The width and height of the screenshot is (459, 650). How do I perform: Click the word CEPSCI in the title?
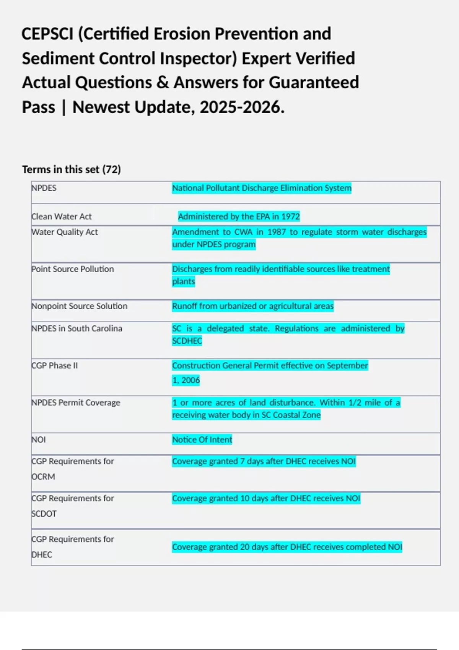[x=47, y=34]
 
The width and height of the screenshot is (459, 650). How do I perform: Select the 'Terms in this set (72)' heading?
[x=71, y=169]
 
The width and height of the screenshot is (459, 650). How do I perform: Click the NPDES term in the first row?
[x=44, y=188]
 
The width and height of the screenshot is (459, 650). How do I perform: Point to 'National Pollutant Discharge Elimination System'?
[x=262, y=188]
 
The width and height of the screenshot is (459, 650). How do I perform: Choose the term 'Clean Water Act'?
[x=62, y=216]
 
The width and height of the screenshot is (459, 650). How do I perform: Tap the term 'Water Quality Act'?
[x=65, y=232]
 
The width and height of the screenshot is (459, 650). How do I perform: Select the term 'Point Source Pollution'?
[x=73, y=269]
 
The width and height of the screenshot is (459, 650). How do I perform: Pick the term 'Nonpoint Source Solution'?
[x=80, y=306]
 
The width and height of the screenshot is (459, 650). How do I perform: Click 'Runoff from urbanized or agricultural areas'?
[x=253, y=306]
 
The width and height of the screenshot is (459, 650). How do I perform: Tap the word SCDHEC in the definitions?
[x=187, y=341]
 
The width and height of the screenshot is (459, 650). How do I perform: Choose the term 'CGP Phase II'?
[x=55, y=366]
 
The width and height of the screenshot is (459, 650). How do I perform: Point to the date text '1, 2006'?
[x=186, y=380]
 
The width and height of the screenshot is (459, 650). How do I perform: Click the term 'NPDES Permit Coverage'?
[x=76, y=403]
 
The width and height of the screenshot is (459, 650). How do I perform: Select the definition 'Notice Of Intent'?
[x=202, y=440]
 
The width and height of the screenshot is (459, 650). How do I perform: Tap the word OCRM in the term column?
[x=43, y=477]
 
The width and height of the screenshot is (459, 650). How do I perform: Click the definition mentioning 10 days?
[x=266, y=499]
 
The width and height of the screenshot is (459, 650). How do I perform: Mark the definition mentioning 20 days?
[x=287, y=547]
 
